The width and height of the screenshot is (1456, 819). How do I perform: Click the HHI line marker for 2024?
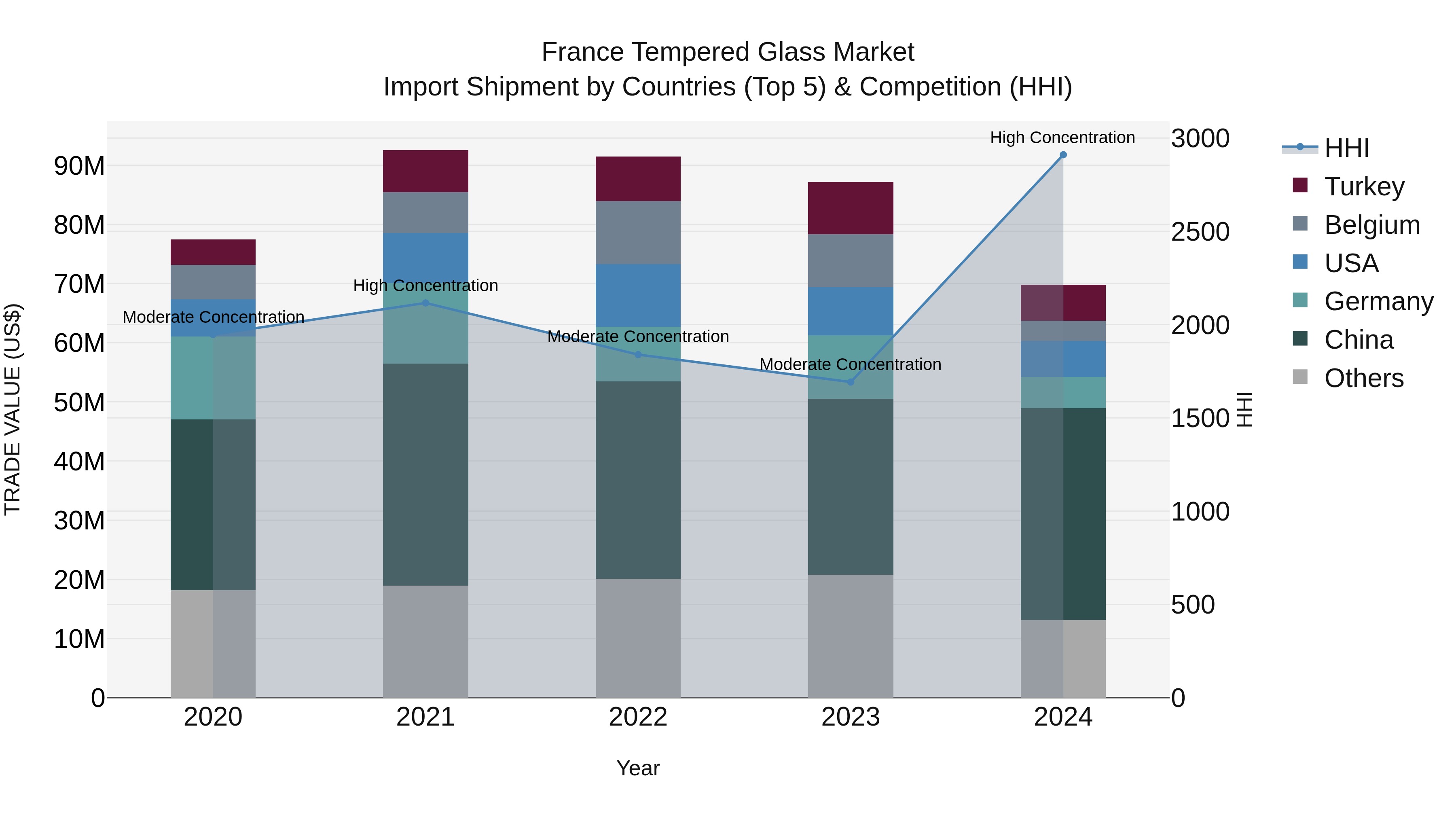[1062, 155]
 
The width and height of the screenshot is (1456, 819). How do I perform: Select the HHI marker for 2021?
[425, 303]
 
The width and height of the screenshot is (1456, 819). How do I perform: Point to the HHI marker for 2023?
[850, 382]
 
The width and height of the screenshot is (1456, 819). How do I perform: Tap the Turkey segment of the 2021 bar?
[425, 171]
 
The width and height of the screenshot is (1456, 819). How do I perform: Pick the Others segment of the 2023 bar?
[850, 636]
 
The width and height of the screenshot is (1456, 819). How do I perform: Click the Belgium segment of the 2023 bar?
[850, 260]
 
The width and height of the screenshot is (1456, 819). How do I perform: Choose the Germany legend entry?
[1378, 301]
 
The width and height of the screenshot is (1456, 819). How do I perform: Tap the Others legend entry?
[1363, 378]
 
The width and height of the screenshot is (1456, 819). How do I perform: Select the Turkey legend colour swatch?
[1300, 185]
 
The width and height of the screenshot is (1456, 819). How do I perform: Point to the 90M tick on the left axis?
[79, 166]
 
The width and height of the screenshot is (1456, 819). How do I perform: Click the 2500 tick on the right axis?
[1200, 232]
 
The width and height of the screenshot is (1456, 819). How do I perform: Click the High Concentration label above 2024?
[1062, 138]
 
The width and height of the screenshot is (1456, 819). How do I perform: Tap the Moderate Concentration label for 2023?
[850, 364]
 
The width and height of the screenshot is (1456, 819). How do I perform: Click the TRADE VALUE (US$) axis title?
[13, 409]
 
